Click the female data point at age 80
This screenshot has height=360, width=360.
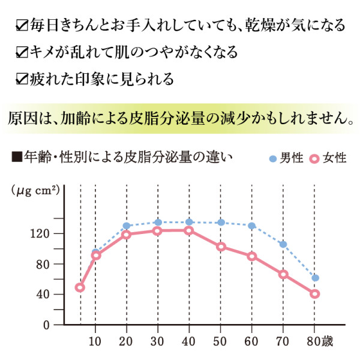(x=314, y=293)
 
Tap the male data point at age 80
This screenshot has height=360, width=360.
(x=315, y=278)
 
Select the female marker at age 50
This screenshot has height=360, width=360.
(x=221, y=247)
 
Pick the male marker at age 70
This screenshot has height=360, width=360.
(x=283, y=244)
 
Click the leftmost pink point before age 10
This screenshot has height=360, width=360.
(x=80, y=287)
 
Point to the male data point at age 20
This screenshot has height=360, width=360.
(x=127, y=226)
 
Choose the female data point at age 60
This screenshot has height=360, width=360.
(x=252, y=256)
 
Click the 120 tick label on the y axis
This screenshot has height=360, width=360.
(x=43, y=233)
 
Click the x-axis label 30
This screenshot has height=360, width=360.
(x=158, y=342)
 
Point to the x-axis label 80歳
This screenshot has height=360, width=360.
(x=317, y=342)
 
